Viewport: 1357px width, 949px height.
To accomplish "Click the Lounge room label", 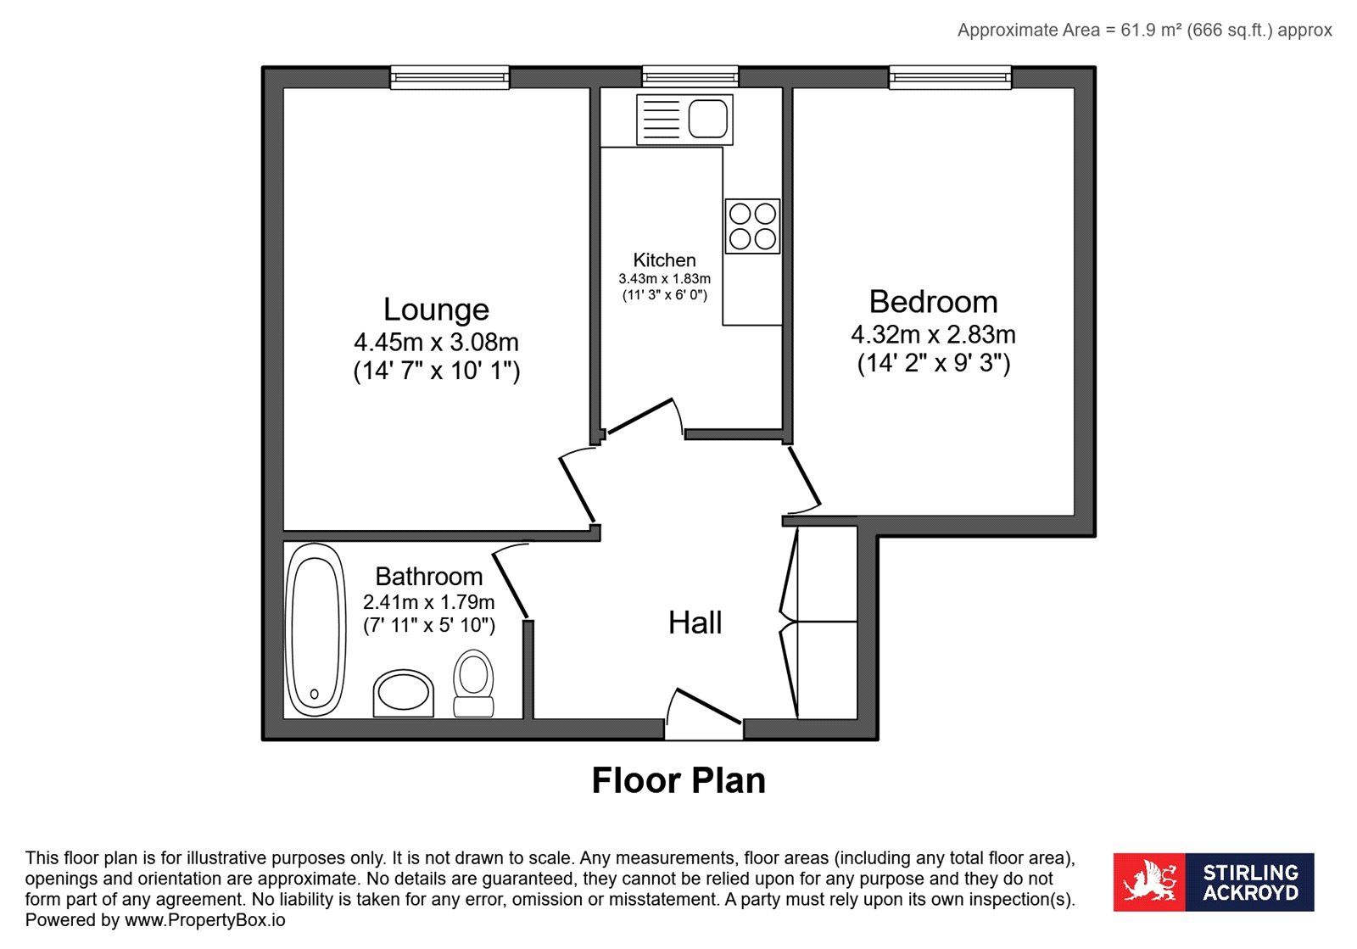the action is click(436, 310).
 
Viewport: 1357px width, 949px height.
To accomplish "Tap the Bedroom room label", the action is click(933, 302).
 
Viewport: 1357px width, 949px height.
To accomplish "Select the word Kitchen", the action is click(665, 260).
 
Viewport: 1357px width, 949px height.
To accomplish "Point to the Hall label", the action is click(695, 622).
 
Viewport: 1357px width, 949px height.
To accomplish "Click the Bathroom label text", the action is click(429, 577).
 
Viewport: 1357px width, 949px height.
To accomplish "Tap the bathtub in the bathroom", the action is click(315, 629).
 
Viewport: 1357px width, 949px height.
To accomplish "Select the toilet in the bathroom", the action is click(473, 684).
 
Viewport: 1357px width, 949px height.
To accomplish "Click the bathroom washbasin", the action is click(404, 694).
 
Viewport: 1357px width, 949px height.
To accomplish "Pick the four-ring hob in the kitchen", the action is click(752, 226).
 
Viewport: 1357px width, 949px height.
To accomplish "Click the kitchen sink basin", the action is click(707, 119).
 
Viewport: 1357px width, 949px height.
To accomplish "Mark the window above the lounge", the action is click(450, 77).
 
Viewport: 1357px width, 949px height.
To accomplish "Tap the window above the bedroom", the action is click(950, 77).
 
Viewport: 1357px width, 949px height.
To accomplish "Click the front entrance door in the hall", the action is click(709, 706).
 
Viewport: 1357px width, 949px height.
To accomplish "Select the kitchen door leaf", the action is click(640, 416).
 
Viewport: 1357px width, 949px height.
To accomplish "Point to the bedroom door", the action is click(804, 476).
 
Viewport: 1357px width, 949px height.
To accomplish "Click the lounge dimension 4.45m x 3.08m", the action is click(436, 343).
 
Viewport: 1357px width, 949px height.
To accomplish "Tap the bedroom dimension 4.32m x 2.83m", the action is click(933, 334).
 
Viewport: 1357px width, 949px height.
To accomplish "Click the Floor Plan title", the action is click(678, 780).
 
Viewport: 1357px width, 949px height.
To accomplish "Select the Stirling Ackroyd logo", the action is click(1214, 882).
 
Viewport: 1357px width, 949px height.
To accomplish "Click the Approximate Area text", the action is click(1144, 31).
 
